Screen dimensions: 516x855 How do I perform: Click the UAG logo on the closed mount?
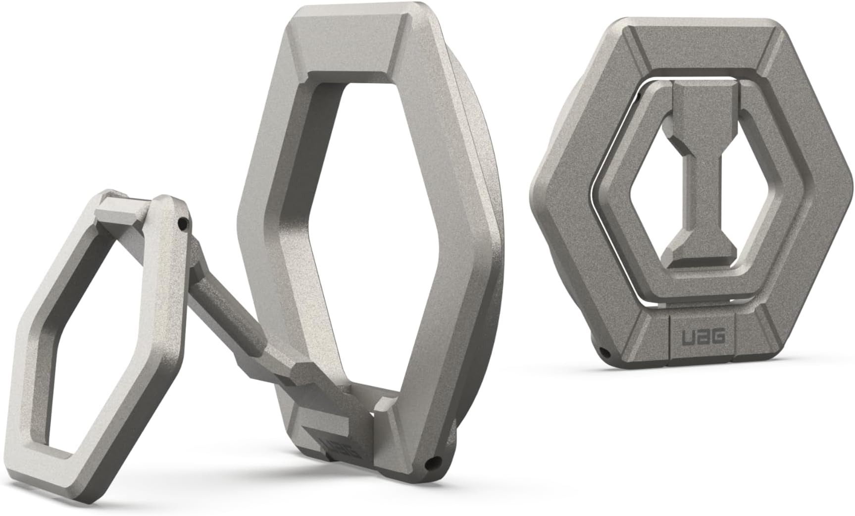[705, 337]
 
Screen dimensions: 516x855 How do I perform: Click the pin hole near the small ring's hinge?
[184, 224]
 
